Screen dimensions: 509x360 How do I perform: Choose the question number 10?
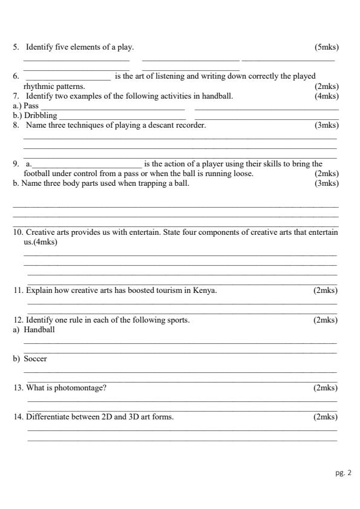pos(18,232)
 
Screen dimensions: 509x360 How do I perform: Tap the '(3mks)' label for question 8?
pos(327,125)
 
